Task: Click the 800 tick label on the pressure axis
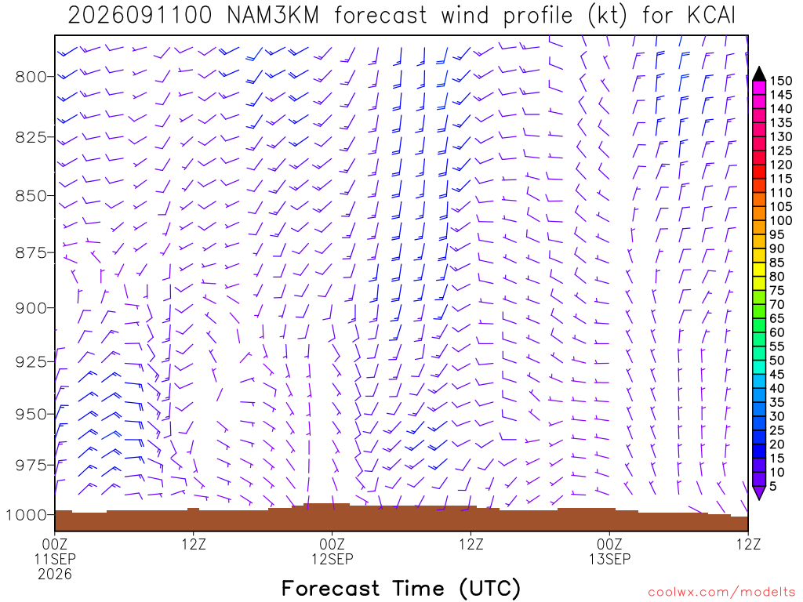pos(31,77)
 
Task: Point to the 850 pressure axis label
pos(31,196)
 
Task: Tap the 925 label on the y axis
pos(31,362)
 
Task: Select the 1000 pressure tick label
pos(27,515)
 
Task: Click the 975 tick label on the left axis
pos(31,466)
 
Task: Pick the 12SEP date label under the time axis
pos(332,559)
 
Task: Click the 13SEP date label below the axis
pos(609,559)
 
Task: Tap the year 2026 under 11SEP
pos(55,575)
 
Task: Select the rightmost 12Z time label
pos(748,544)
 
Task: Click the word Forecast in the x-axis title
pos(331,588)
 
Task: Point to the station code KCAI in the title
pos(710,16)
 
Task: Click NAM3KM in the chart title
pos(273,16)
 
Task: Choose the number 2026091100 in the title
pos(140,16)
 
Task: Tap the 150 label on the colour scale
pos(780,81)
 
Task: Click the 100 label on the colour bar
pos(780,220)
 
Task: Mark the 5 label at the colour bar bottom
pos(772,486)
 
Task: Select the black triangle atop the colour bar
pos(759,74)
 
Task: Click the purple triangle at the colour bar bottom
pos(759,492)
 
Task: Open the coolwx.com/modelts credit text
pos(721,593)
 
